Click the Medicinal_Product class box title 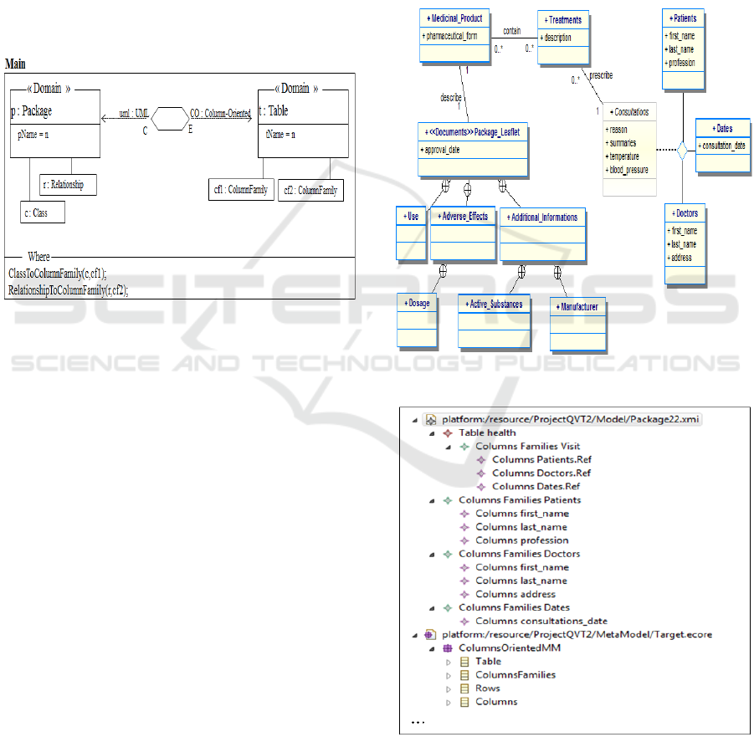454,18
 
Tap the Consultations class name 628,112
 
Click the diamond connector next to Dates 682,151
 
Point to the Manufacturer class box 577,307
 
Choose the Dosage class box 417,303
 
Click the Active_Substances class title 495,304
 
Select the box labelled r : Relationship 68,184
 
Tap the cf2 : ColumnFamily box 310,190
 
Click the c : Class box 43,212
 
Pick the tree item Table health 487,432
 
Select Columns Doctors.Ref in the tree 541,473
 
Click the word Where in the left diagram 39,256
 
